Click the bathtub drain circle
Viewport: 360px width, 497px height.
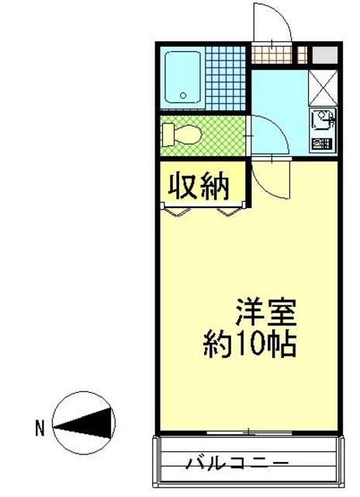tap(184, 96)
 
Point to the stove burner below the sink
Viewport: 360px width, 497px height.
tap(321, 143)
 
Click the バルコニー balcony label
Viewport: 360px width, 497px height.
tap(237, 463)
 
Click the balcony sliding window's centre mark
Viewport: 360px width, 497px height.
tap(247, 431)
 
